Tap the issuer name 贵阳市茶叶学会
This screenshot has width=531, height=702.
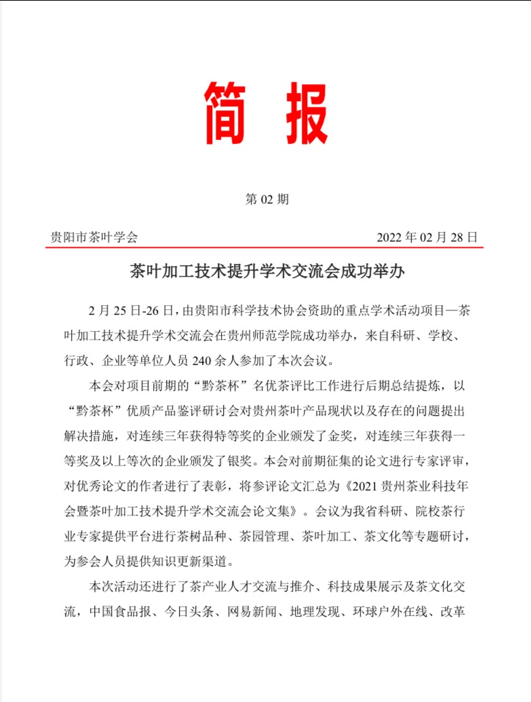[x=94, y=237]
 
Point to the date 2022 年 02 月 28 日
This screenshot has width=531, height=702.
[x=427, y=237]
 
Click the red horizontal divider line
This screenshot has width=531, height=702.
[x=264, y=248]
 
